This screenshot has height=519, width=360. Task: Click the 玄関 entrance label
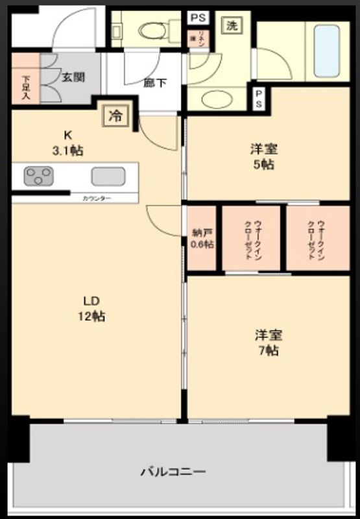pyautogui.click(x=72, y=77)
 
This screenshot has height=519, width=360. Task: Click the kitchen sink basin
pyautogui.click(x=108, y=176)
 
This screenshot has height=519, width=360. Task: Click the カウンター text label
pyautogui.click(x=96, y=198)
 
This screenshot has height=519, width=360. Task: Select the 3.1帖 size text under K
pyautogui.click(x=68, y=151)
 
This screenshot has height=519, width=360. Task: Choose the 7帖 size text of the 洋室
pyautogui.click(x=267, y=351)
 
